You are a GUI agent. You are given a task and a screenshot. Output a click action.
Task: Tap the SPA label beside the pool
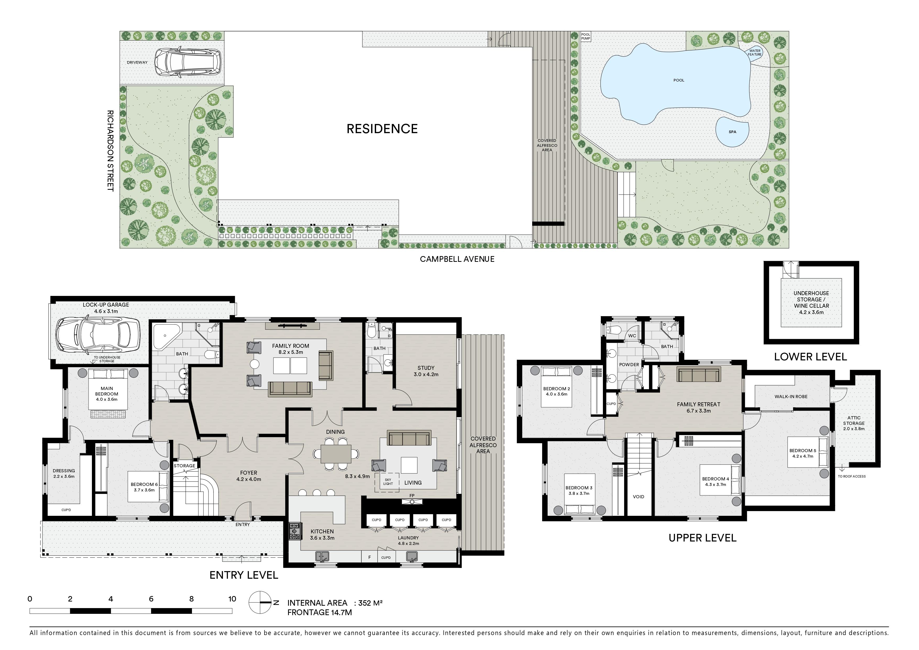[732, 132]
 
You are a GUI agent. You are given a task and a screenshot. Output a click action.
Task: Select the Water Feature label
[755, 52]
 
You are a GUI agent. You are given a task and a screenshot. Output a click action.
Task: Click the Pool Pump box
[586, 37]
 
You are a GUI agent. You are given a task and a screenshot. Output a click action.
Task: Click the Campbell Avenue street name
[457, 259]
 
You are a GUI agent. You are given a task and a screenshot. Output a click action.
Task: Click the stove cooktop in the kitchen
[295, 532]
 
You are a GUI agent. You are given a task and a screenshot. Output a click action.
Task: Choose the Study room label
[426, 371]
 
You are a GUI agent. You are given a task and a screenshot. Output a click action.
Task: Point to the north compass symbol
[261, 602]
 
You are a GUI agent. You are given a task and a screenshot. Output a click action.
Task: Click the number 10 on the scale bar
[232, 599]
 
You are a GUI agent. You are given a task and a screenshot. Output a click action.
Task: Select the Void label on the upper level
[639, 497]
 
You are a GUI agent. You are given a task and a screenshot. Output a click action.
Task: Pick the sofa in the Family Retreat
[698, 375]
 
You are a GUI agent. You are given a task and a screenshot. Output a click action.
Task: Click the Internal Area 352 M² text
[335, 603]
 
